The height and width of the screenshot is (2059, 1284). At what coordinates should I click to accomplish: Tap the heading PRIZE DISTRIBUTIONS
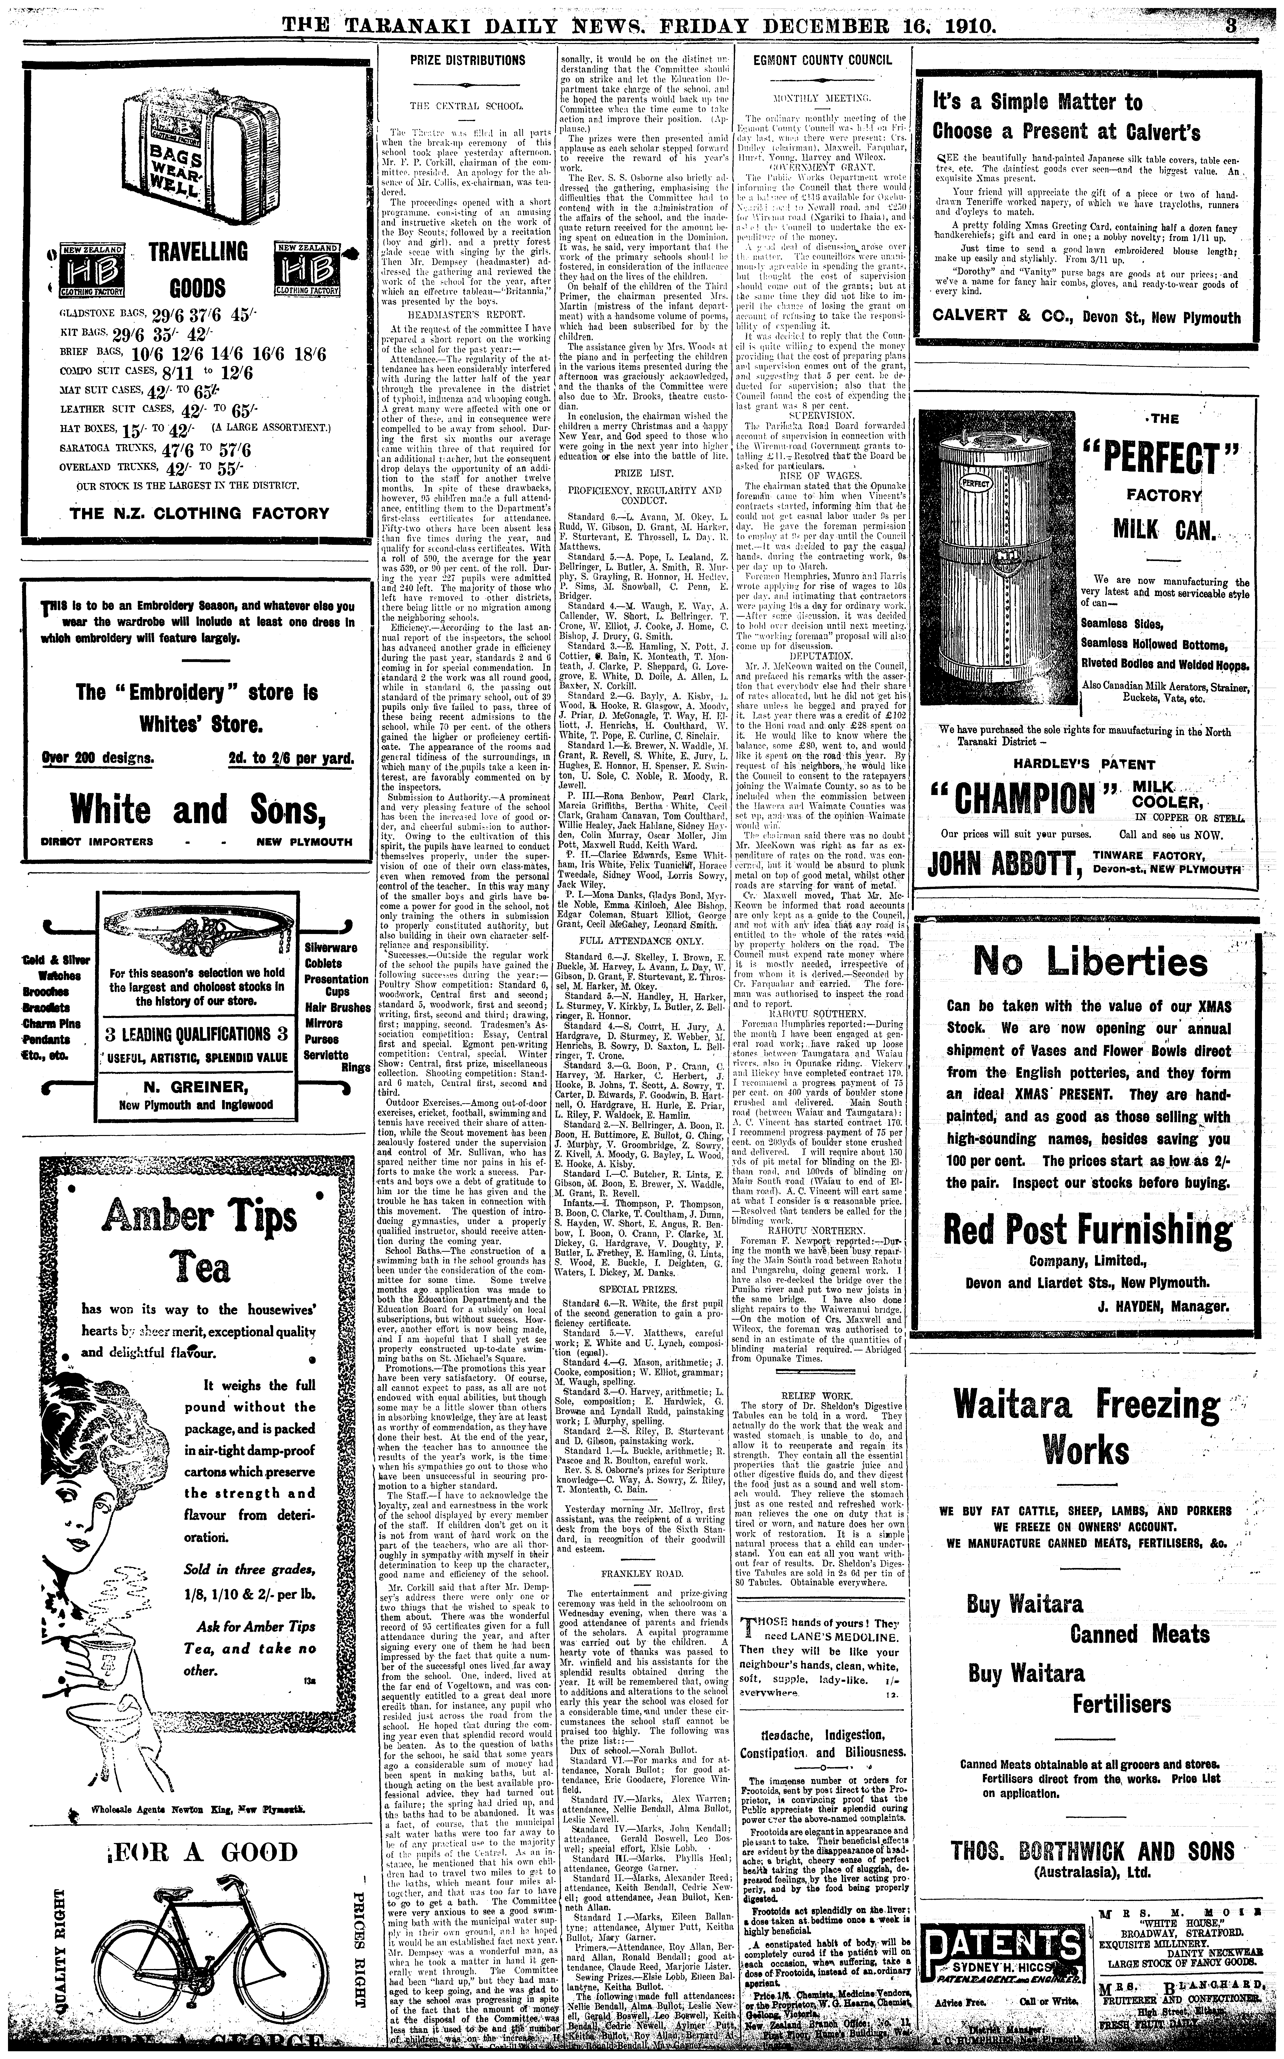[x=468, y=60]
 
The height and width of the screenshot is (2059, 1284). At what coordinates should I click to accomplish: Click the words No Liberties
[x=1089, y=962]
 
